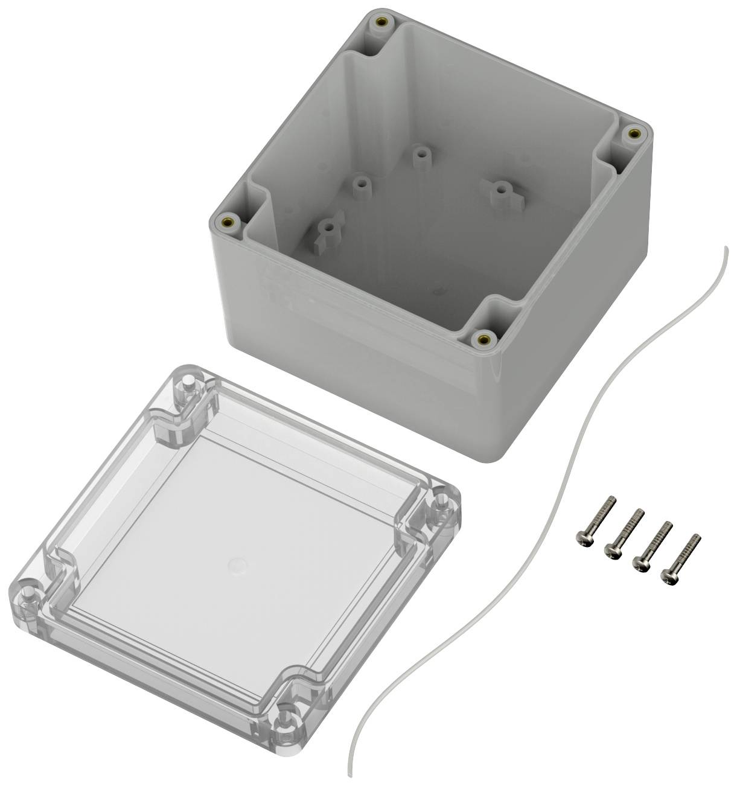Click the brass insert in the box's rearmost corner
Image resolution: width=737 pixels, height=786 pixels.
(381, 22)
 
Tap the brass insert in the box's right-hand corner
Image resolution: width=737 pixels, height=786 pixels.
(633, 133)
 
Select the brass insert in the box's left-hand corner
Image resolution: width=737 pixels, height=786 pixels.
(228, 222)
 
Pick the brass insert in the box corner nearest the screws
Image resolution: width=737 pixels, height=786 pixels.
(482, 338)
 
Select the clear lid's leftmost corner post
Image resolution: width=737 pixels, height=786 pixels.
(26, 586)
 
